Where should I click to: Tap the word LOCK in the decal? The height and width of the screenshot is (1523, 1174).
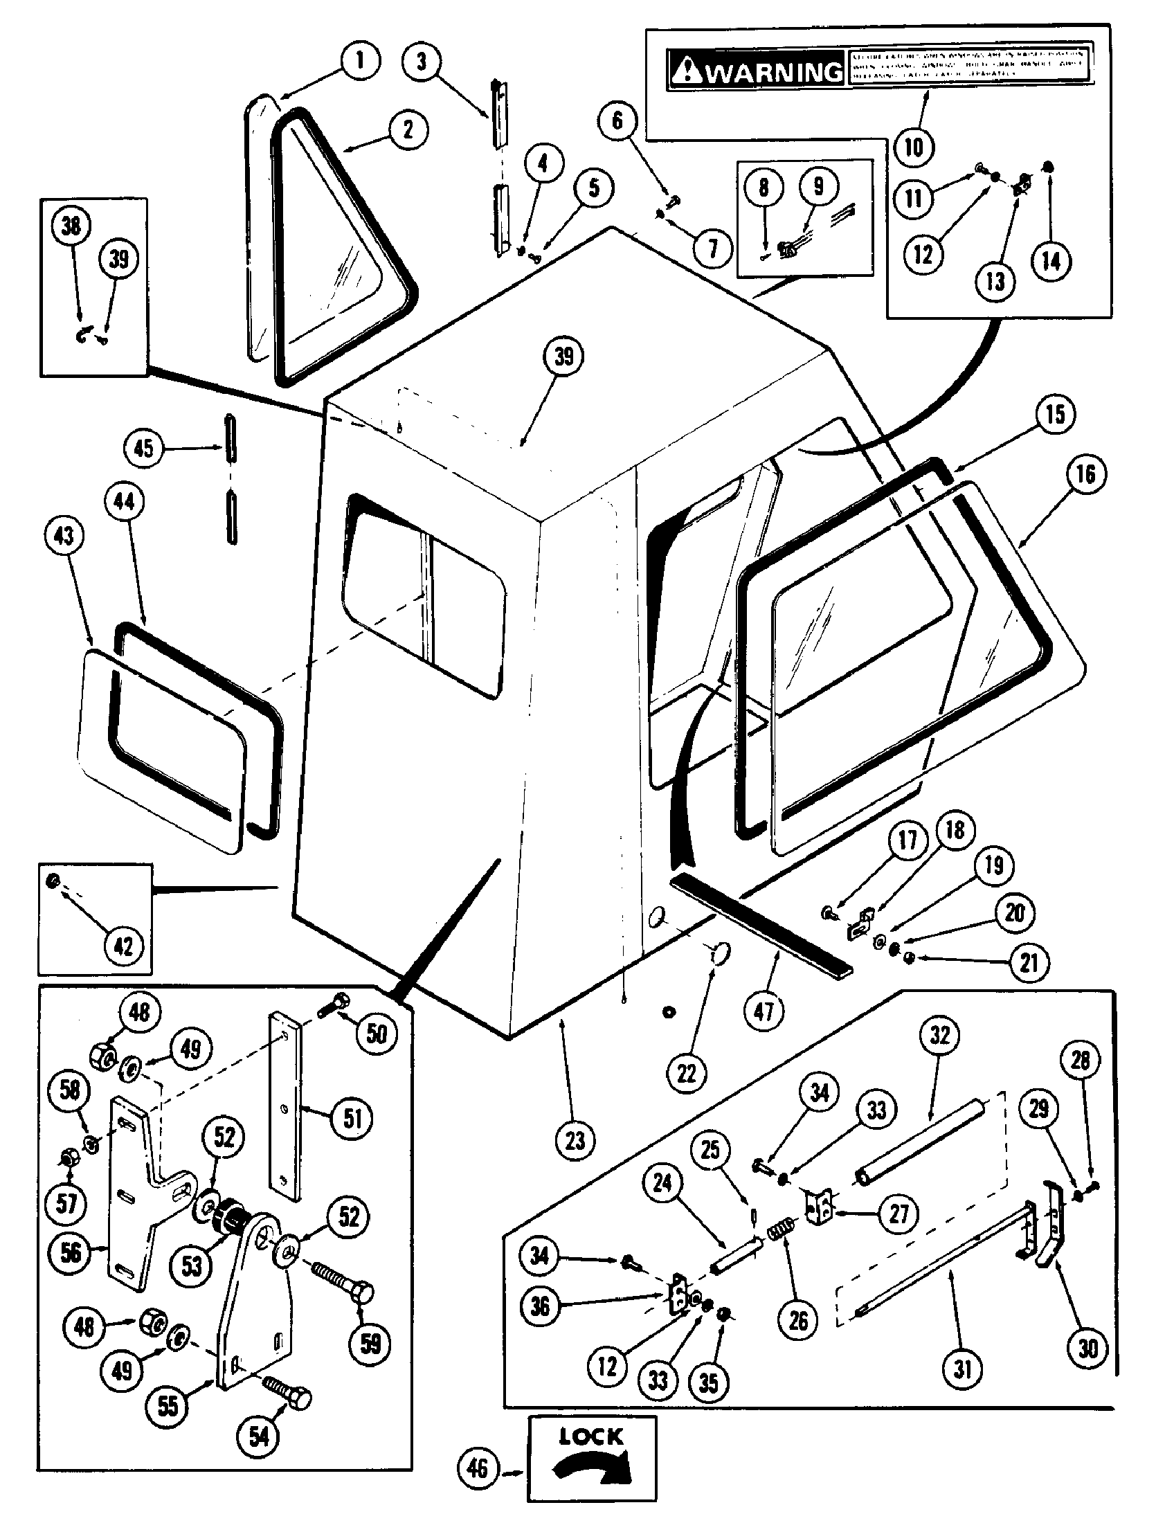click(x=591, y=1436)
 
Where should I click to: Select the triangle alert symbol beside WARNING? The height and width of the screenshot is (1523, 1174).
click(x=687, y=71)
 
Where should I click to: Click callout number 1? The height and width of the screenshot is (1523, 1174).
click(x=360, y=61)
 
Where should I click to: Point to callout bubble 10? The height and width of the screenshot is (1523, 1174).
click(x=913, y=147)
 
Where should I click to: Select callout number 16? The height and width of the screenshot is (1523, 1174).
click(x=1085, y=475)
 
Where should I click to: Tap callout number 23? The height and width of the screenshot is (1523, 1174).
click(x=575, y=1142)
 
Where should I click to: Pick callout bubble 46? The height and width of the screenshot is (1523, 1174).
click(x=477, y=1469)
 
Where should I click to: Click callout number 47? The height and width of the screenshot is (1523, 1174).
click(x=764, y=1011)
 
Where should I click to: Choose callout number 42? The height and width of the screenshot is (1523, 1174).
click(x=123, y=946)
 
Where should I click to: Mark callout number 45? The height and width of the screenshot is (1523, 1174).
click(x=143, y=448)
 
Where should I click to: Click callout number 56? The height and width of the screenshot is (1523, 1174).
click(x=71, y=1253)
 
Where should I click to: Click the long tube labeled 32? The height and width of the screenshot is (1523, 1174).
click(x=920, y=1142)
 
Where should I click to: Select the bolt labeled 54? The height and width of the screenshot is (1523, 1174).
click(x=287, y=1395)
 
